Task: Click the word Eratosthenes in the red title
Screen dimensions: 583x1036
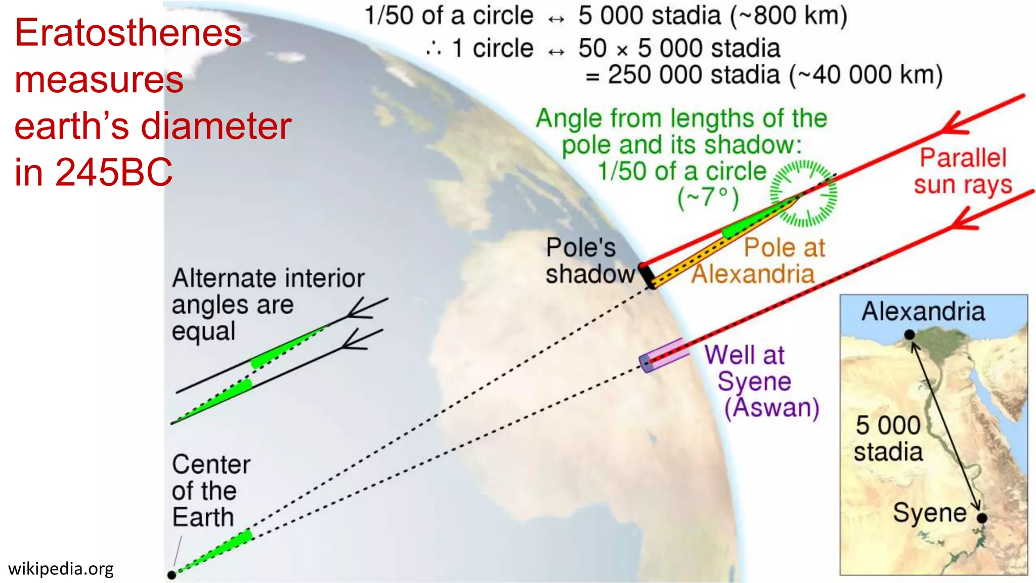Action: (128, 33)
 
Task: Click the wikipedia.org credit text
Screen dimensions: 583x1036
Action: (61, 569)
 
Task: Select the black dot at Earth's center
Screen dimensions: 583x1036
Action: (172, 575)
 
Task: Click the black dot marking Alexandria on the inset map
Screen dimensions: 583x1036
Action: (910, 335)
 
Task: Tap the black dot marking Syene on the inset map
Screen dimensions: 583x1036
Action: (982, 518)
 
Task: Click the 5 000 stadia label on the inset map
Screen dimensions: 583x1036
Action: (888, 438)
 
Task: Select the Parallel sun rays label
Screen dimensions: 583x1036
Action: (963, 171)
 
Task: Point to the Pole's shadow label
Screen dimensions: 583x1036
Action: (589, 261)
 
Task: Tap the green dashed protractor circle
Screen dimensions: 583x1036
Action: (804, 193)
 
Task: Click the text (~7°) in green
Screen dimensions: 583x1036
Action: (708, 197)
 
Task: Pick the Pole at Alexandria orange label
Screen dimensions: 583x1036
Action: (759, 261)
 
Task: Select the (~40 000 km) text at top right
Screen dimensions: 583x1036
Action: (866, 75)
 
